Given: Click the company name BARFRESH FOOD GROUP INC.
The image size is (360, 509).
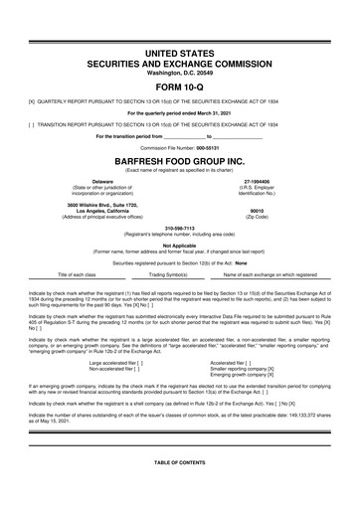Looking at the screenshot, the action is pyautogui.click(x=180, y=158).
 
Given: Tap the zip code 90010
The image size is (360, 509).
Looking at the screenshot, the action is pyautogui.click(x=258, y=210).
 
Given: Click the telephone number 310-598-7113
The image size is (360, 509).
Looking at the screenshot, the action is pyautogui.click(x=180, y=225).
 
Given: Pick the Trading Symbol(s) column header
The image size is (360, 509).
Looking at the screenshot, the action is pyautogui.click(x=169, y=273).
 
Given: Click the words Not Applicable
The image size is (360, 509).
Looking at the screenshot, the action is pyautogui.click(x=180, y=245).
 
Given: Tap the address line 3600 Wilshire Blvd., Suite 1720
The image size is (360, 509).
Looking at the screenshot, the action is pyautogui.click(x=95, y=204).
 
